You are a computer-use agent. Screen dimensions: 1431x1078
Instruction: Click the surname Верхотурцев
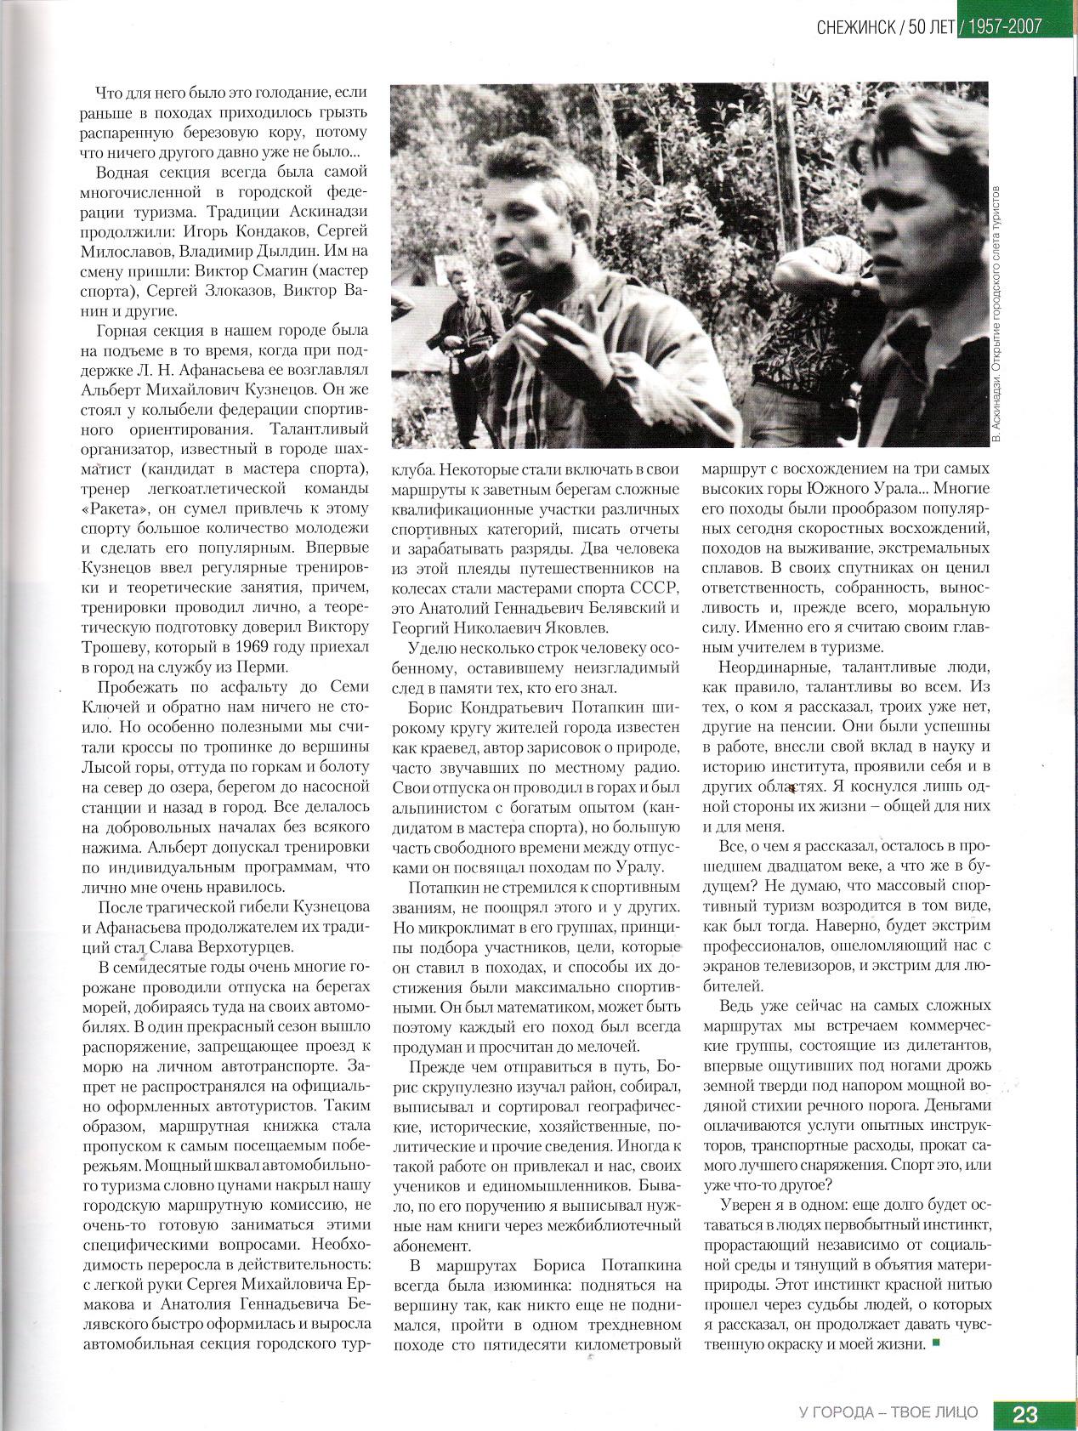(252, 946)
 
